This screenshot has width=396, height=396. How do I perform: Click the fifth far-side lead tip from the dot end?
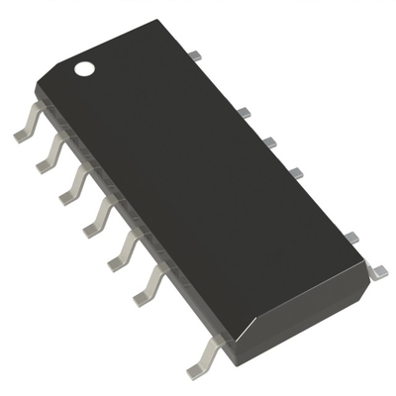tap(350, 236)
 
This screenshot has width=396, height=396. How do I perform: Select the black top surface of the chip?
tap(198, 178)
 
